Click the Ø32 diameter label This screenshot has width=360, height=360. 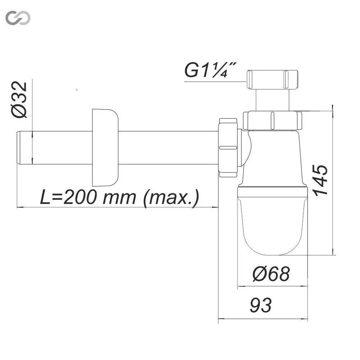19,100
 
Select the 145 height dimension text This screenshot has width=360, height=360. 321,180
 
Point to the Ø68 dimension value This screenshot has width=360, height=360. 271,274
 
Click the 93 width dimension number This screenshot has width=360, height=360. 260,305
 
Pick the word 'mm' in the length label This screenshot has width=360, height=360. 119,198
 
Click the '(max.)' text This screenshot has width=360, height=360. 171,198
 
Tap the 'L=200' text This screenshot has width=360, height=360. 68,197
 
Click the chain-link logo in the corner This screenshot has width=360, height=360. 18,18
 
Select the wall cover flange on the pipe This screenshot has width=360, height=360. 105,148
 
